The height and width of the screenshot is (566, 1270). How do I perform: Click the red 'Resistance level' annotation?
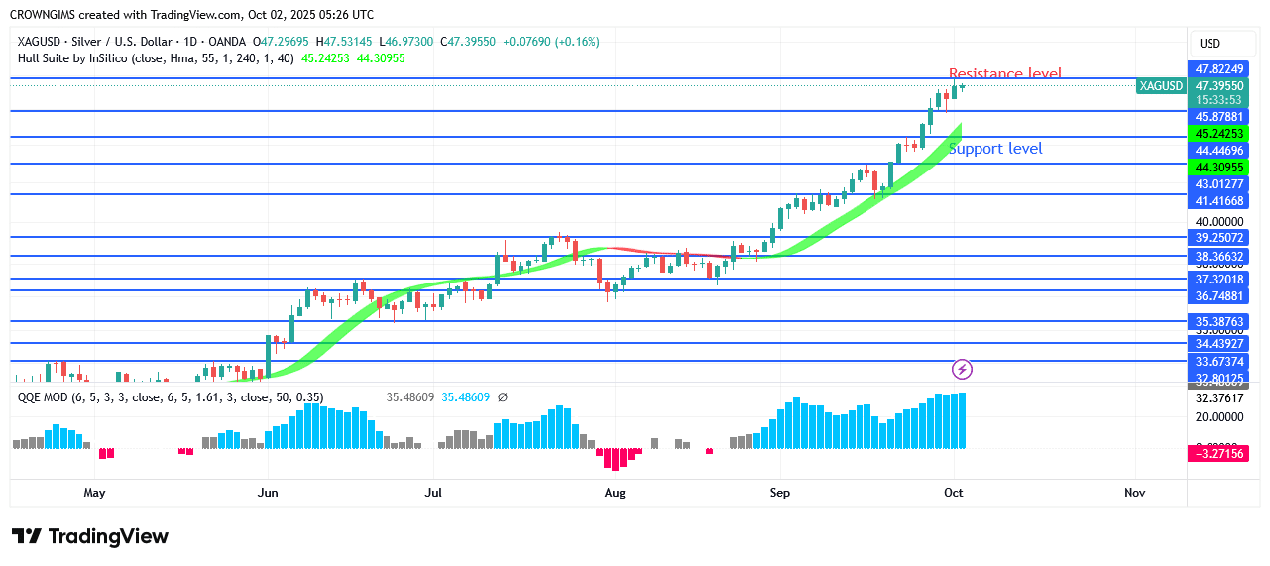(1004, 74)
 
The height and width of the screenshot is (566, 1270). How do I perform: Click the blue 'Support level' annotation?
(995, 149)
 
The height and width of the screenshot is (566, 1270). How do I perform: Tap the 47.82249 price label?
(1218, 69)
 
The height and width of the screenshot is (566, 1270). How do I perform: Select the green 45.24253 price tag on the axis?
(1218, 134)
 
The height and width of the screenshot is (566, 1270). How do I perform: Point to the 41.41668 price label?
(1218, 200)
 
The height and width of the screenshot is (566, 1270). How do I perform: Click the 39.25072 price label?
(1218, 238)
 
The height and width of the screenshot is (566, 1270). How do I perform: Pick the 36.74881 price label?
(1218, 295)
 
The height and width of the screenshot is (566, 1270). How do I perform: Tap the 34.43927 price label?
(1218, 344)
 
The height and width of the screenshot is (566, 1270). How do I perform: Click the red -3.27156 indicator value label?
(1218, 453)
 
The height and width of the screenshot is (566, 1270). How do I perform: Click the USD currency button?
(1210, 44)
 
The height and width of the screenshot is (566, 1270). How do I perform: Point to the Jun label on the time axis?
(266, 492)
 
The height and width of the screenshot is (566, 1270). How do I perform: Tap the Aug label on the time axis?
(615, 492)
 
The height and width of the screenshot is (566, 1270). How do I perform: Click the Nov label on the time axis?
(1135, 492)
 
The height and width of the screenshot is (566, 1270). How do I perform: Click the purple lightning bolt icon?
(962, 370)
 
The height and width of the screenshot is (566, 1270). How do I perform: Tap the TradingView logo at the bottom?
(90, 536)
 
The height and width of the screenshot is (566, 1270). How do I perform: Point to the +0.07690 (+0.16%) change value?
(550, 42)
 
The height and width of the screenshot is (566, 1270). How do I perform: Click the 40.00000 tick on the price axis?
(1218, 222)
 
